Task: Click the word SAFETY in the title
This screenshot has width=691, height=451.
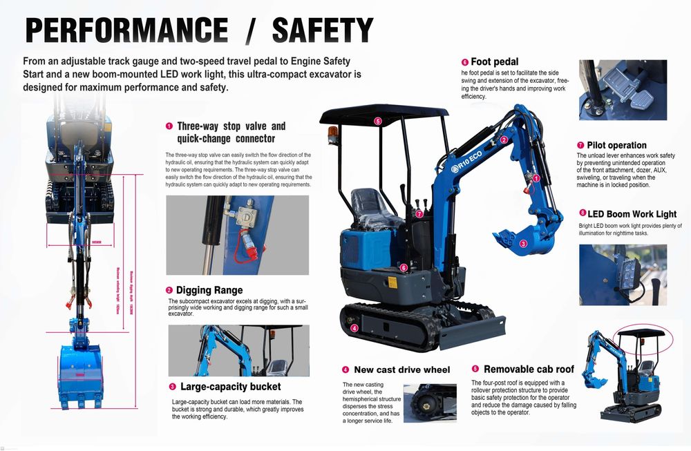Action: (323, 30)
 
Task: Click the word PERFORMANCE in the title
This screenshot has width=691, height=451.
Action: (126, 30)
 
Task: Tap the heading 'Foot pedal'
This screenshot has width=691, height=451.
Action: (494, 61)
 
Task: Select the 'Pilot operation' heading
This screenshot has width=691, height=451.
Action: (616, 145)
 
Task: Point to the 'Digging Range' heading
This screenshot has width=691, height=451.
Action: (209, 290)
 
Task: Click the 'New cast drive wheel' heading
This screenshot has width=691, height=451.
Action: (401, 370)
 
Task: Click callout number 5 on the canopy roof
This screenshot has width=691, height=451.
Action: (378, 121)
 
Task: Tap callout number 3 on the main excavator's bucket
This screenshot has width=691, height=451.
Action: (523, 243)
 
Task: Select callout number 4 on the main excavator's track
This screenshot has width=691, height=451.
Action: (354, 328)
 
